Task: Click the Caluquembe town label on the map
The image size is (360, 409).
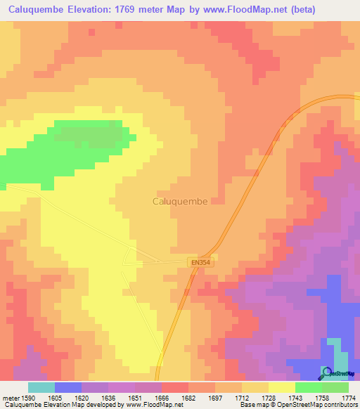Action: (180, 201)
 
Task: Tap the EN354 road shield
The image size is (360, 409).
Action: (200, 262)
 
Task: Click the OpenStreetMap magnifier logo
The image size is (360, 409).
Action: (328, 373)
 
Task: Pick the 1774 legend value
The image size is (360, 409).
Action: (348, 398)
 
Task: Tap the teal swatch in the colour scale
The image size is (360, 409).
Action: (41, 387)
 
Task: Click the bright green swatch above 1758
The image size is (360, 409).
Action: (309, 387)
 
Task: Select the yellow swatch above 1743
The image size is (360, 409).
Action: (282, 387)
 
